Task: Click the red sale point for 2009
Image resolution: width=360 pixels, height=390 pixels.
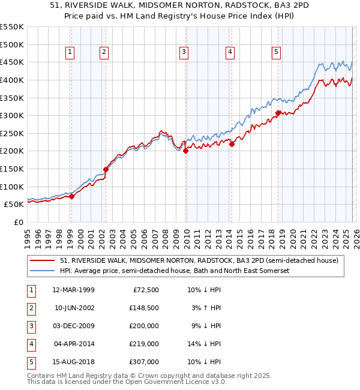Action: [x=185, y=151]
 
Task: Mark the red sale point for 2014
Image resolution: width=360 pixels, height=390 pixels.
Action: [x=232, y=144]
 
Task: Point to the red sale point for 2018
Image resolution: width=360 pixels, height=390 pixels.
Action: [x=278, y=113]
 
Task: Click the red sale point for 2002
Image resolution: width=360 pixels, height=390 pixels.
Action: [x=106, y=169]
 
